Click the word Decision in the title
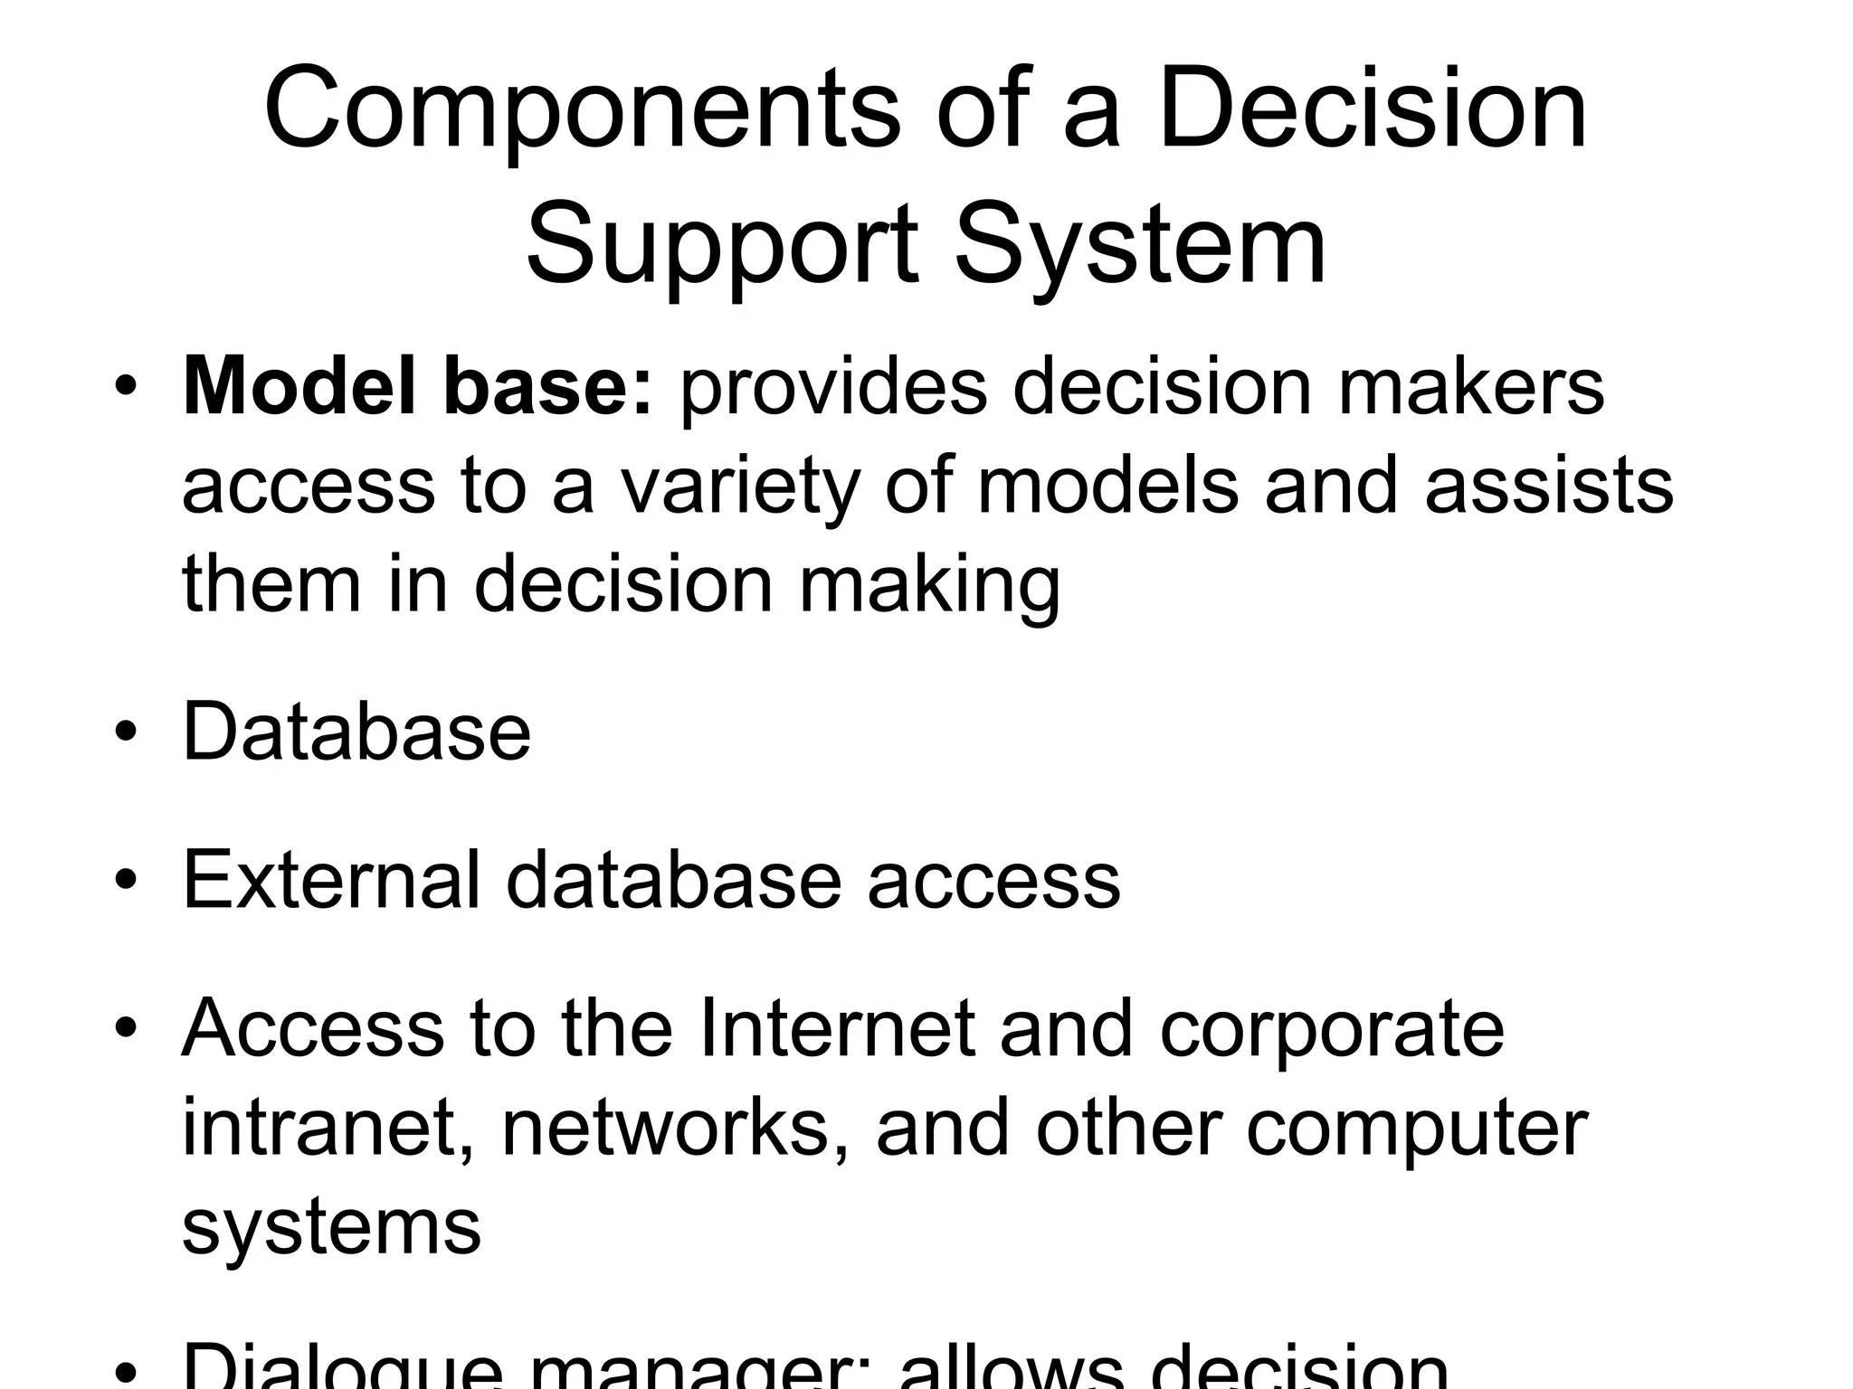(1372, 110)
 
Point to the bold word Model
(299, 387)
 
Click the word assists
(1549, 486)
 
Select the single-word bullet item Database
(356, 731)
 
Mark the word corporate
(1331, 1031)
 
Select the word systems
(331, 1227)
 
